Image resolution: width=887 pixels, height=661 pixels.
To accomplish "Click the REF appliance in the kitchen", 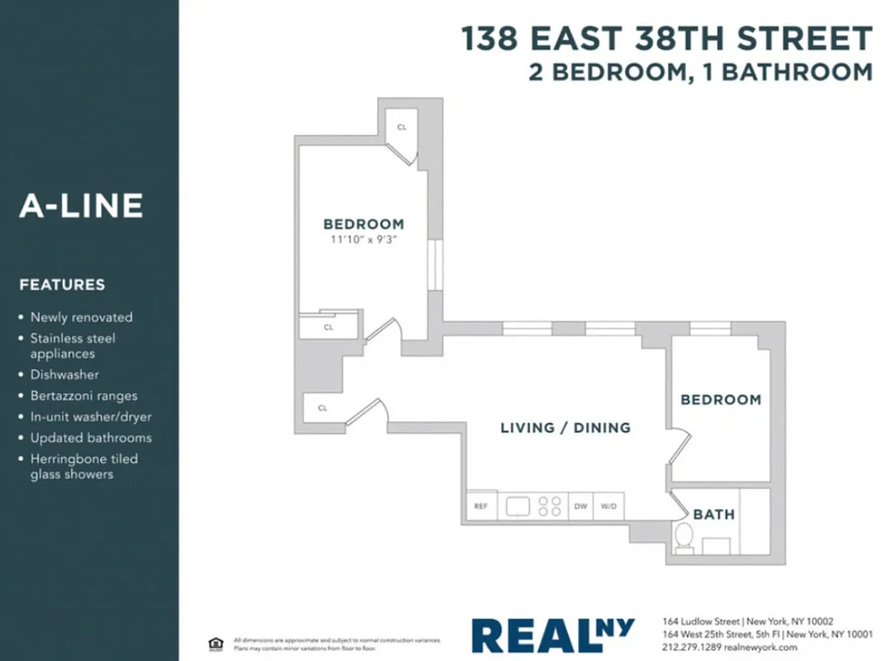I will (480, 506).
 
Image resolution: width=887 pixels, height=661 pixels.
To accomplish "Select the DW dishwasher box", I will (580, 506).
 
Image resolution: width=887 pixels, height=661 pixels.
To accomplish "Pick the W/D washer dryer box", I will (609, 506).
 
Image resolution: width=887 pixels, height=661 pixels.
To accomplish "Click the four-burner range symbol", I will (550, 506).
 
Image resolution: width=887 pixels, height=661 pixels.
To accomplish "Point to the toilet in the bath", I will (684, 538).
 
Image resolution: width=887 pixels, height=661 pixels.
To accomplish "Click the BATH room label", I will (713, 514).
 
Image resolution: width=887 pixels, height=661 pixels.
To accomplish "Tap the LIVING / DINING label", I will (565, 427).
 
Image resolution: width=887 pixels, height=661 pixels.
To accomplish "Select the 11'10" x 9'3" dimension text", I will (364, 240).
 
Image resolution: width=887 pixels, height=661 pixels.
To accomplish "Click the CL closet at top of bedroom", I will (402, 128).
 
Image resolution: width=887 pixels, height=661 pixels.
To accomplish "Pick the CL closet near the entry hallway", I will (322, 407).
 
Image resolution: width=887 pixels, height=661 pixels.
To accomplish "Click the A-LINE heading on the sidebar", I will (81, 206).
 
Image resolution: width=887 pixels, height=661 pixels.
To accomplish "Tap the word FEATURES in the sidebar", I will (62, 285).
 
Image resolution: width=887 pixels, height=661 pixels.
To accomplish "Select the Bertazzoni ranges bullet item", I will (83, 396).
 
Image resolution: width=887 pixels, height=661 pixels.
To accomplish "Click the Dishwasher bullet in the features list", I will (64, 374).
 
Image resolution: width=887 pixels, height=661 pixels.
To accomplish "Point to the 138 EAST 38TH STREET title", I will (665, 39).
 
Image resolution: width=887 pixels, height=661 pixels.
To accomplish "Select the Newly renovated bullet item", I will (81, 317).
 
